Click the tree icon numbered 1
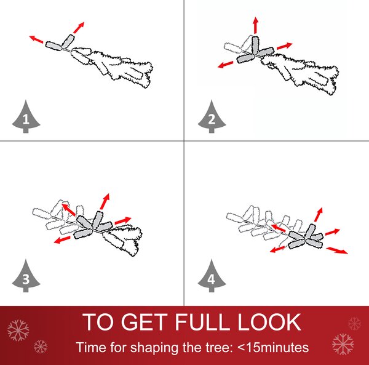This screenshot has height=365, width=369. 26,117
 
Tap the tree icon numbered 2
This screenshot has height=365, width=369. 212,117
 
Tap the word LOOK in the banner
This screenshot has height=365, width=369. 269,322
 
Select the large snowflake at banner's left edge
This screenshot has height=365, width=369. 18,331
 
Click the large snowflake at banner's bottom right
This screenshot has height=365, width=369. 343,344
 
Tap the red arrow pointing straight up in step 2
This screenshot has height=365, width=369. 256,25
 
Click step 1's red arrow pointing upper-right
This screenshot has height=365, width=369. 78,28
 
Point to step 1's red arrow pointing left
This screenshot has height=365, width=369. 36,39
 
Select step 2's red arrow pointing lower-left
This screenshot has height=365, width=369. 225,65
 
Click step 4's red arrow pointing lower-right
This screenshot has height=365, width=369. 337,250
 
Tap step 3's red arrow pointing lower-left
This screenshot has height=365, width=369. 62,239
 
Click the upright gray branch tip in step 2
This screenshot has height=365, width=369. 255,45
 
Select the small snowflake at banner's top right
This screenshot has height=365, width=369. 354,324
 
